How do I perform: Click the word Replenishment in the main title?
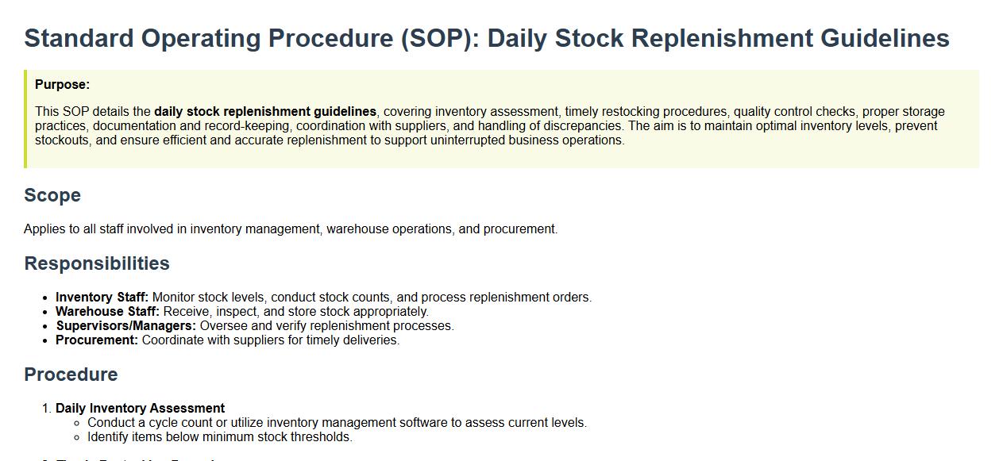click(722, 38)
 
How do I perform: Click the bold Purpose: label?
click(62, 85)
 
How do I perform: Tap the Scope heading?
click(52, 196)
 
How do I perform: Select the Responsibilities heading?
click(97, 263)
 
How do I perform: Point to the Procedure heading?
click(71, 375)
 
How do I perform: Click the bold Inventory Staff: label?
click(102, 298)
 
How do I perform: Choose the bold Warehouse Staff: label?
click(107, 312)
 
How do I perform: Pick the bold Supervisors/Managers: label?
click(125, 326)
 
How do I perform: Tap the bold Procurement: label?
click(97, 340)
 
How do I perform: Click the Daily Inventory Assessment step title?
click(140, 408)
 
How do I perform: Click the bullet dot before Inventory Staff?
click(44, 298)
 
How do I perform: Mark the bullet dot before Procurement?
click(44, 341)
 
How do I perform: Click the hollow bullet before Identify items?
click(77, 437)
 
